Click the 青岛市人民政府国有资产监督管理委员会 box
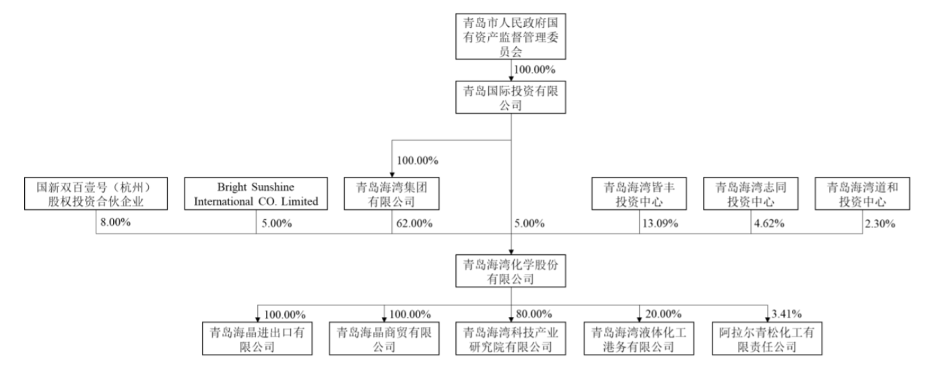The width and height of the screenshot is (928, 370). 510,36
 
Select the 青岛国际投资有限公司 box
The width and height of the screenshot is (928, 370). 510,98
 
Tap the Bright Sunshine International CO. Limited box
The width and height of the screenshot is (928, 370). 256,194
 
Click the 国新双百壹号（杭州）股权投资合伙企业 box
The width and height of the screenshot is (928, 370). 96,194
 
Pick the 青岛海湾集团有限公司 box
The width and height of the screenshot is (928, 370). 391,194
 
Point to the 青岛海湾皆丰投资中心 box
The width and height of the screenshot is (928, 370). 639,194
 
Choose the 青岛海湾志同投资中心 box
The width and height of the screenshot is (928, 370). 751,194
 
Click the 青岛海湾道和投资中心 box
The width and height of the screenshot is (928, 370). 863,194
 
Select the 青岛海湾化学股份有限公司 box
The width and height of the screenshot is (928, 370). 510,271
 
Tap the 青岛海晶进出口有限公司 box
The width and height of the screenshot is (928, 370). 257,338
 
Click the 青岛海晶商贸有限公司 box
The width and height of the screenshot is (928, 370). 384,338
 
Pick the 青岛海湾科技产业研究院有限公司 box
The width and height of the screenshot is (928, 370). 510,338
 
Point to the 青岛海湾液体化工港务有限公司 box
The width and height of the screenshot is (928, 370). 639,338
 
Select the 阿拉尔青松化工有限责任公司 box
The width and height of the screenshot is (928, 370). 767,338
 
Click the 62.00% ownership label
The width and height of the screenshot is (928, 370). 414,223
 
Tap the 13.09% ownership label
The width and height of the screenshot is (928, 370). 661,223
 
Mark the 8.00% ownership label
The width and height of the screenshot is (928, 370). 116,223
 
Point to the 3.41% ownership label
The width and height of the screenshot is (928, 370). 787,314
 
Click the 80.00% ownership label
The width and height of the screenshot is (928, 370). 534,314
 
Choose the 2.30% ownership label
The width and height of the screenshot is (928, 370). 880,223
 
